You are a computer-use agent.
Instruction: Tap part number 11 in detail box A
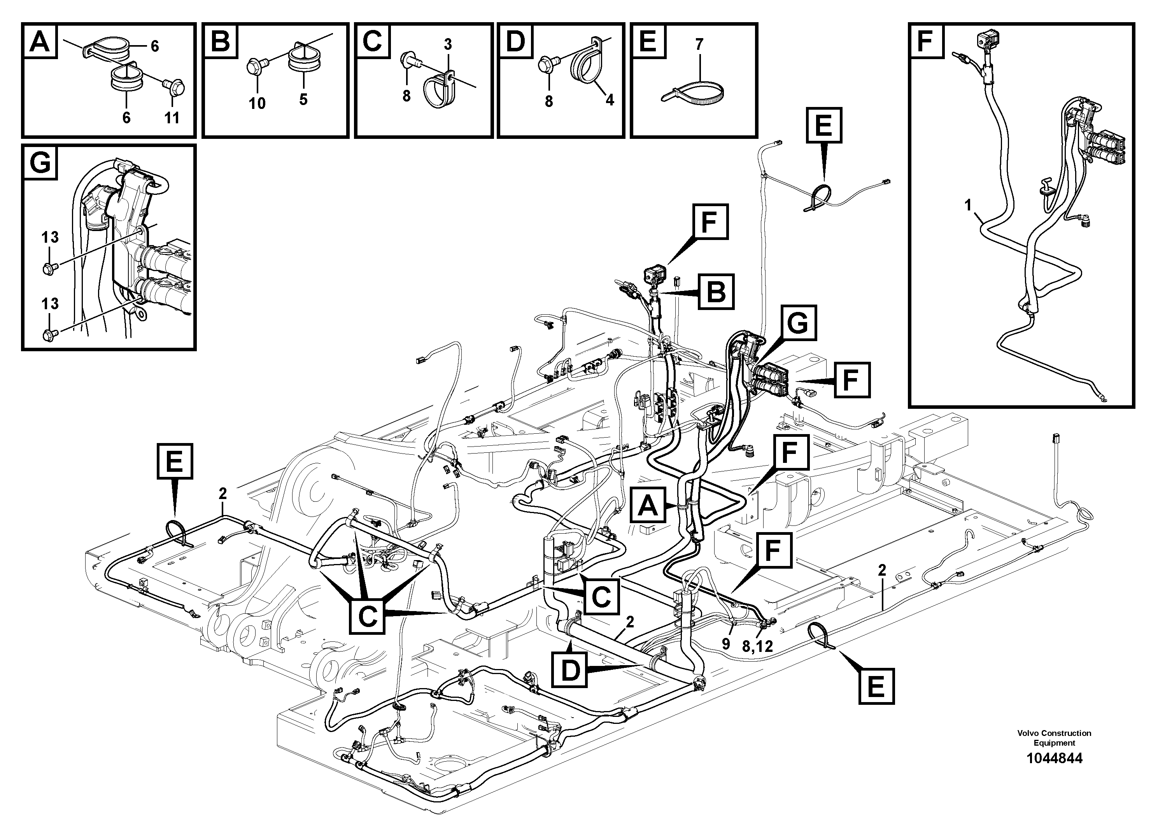172,118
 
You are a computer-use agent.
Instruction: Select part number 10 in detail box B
257,103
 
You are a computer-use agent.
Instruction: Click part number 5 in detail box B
303,99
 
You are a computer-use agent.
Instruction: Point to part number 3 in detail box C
448,44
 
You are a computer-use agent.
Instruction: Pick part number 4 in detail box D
610,100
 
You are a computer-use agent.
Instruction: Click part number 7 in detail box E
699,45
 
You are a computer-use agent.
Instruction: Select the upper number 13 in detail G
50,237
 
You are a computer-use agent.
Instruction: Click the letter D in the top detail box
515,40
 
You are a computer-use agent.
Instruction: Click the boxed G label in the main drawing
798,323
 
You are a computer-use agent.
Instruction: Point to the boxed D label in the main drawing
570,670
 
